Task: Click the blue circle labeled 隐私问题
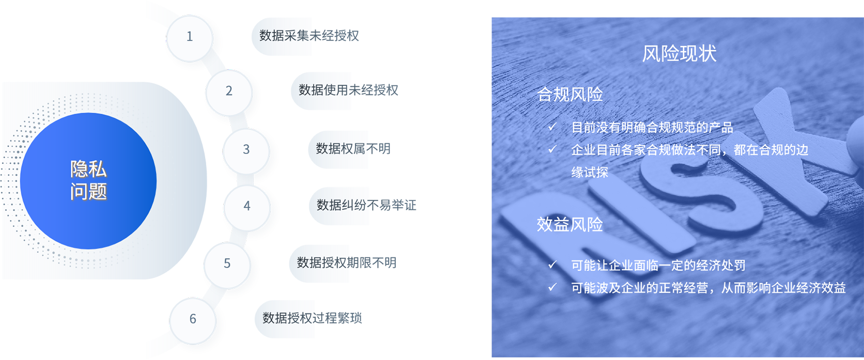pos(88,181)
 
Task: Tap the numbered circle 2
pos(229,91)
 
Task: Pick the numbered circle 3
pos(246,150)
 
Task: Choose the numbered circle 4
pos(247,206)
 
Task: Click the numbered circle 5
pos(227,264)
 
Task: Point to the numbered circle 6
pos(193,319)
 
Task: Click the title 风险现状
pos(679,54)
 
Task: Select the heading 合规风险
pos(570,95)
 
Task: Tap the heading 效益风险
pos(570,225)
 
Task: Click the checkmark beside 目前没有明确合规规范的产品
pos(552,127)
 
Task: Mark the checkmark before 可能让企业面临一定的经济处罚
pos(552,265)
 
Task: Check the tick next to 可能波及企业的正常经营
pos(552,287)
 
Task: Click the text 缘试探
pos(590,173)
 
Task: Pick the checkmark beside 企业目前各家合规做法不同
pos(552,149)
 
